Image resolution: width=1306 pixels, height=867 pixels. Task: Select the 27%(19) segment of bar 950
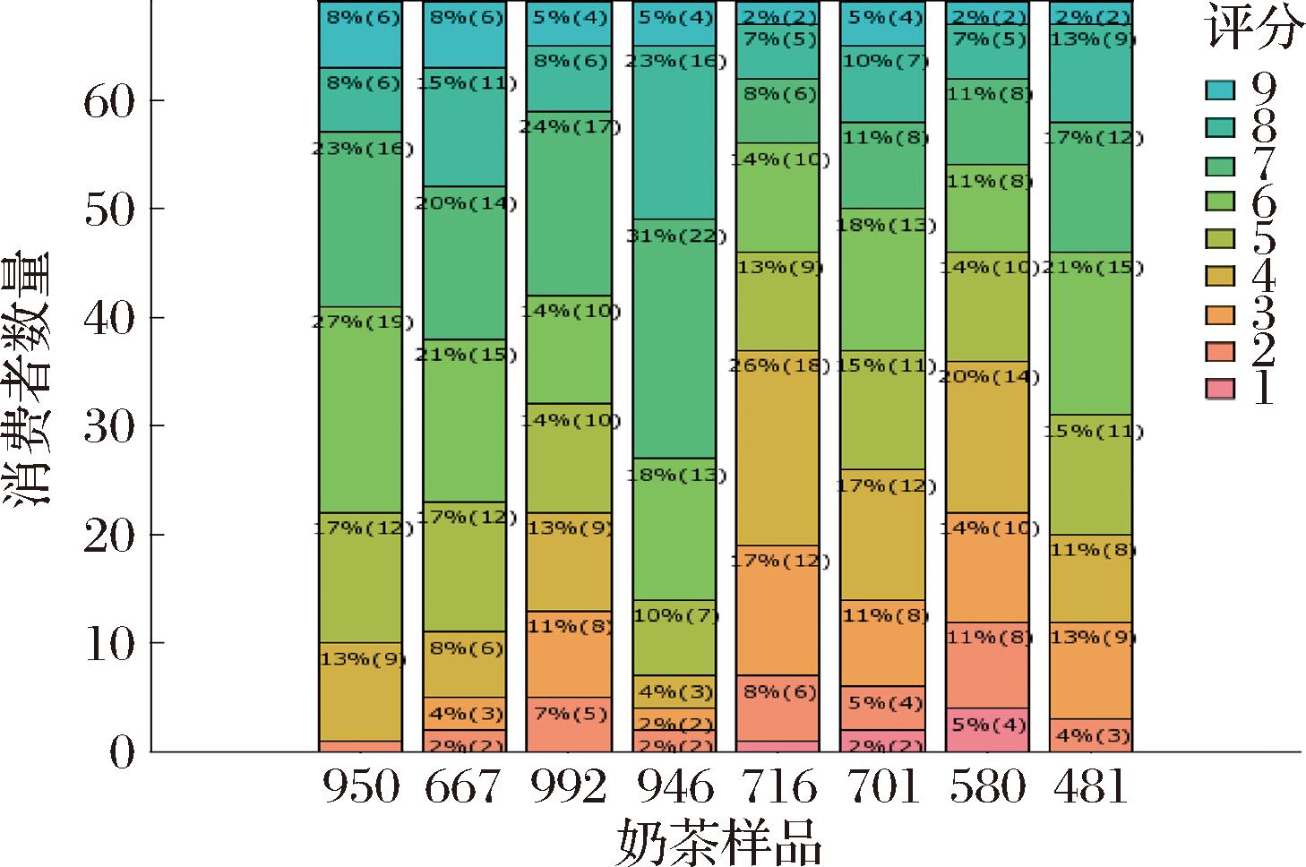(360, 408)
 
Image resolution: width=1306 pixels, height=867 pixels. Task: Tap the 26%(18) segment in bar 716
(779, 447)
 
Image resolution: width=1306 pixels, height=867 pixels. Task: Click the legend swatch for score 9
(1220, 90)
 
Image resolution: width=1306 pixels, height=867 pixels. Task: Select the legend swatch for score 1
(1220, 389)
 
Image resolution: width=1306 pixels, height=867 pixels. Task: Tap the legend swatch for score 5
(1220, 239)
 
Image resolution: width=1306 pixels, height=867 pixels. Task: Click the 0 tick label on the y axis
(121, 751)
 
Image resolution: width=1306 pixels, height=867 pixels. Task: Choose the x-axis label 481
(1092, 788)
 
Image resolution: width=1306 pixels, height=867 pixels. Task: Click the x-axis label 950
(360, 788)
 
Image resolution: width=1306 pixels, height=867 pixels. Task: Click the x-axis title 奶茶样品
(719, 841)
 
